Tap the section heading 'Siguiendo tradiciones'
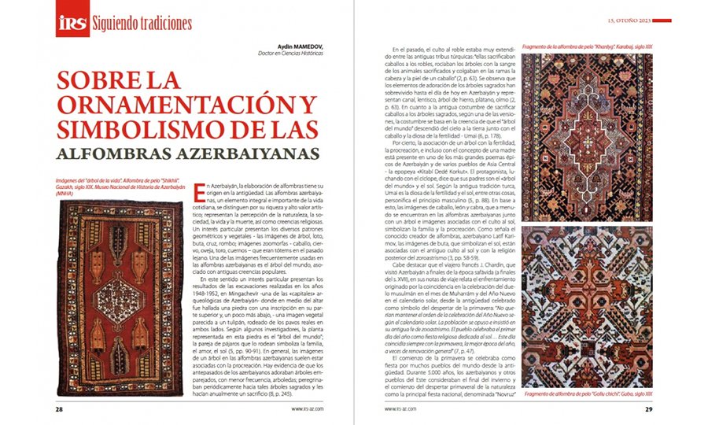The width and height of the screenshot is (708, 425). (142, 23)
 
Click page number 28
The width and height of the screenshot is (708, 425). (59, 408)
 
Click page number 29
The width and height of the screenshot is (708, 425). (648, 408)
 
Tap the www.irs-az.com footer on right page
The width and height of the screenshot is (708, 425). (400, 408)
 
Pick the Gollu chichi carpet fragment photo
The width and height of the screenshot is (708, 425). (587, 306)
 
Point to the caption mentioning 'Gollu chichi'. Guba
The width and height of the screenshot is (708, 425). (587, 394)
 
